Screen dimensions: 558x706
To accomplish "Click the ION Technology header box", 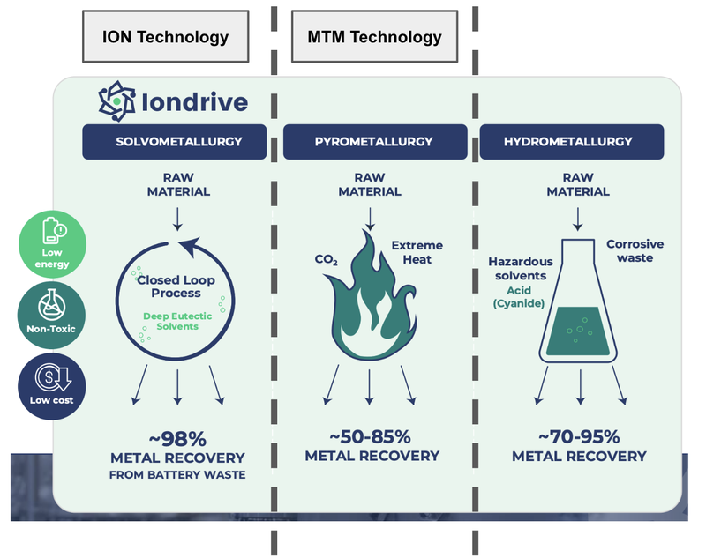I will click(165, 37).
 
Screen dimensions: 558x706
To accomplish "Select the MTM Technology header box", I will click(374, 37).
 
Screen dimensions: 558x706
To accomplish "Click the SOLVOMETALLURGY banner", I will click(178, 142).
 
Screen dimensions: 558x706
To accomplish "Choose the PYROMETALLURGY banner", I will click(373, 142).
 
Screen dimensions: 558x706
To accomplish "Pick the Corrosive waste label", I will click(635, 250).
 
